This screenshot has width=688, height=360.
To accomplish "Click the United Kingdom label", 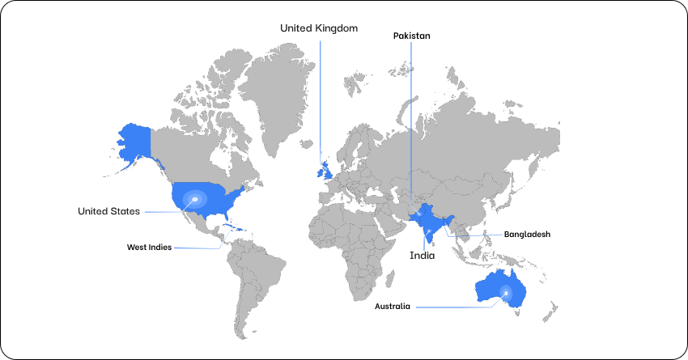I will pos(318,28).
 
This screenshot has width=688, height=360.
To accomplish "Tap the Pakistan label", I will pos(411,36).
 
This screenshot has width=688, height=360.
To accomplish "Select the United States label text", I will pos(108,211).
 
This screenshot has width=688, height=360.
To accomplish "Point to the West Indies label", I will pos(149,248).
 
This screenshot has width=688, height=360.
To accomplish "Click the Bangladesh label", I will pos(527,234).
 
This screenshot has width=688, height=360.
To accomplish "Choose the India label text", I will pos(422,256).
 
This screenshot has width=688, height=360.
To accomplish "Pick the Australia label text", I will pos(392,307).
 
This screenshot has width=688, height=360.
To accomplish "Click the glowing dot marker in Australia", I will pos(506,293).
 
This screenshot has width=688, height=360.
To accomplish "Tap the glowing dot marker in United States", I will pos(194,199).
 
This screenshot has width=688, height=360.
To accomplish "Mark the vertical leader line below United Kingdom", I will pos(320,97).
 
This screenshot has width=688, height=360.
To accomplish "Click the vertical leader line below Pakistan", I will pos(411,121).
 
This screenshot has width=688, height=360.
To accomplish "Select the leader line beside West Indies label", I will pos(196,248).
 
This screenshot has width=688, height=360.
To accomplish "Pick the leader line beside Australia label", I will pos(453,307).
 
